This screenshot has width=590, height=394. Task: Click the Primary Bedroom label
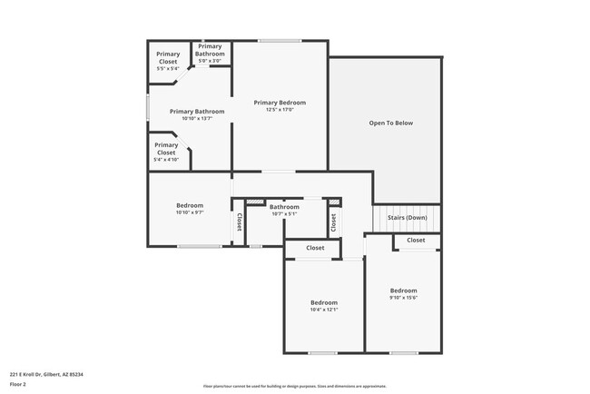point(280,103)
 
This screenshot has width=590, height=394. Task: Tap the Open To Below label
point(391,123)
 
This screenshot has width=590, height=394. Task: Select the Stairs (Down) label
point(407,218)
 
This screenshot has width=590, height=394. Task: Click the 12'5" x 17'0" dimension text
point(280,111)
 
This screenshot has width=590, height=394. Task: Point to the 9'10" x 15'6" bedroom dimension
point(403,298)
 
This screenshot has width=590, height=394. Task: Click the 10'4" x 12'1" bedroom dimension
point(324,310)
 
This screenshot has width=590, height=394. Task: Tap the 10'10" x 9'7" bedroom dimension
point(190,212)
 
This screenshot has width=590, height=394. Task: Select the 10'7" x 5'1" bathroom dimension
point(284,214)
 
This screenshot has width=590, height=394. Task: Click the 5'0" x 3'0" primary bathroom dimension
point(210,61)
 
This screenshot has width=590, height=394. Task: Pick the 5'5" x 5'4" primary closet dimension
point(168,69)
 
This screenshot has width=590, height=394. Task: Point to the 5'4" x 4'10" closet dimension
point(166,160)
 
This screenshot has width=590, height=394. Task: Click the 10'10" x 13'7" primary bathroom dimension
point(197,119)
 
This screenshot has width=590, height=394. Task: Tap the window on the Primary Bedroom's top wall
point(280,41)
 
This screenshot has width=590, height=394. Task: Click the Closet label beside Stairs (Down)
point(416,240)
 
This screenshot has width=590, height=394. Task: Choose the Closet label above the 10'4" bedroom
point(315,248)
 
